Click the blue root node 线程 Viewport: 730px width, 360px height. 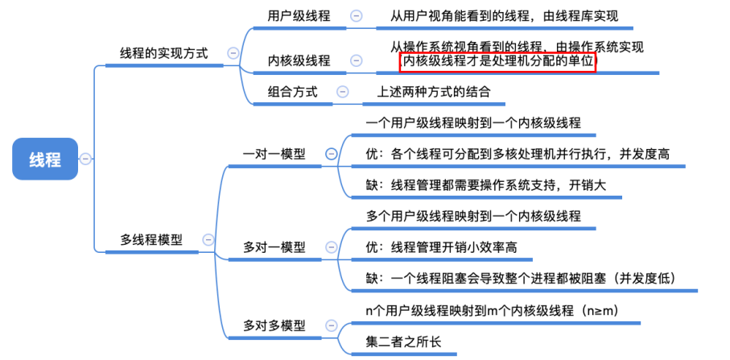[45, 159]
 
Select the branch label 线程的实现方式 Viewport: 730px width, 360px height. [163, 53]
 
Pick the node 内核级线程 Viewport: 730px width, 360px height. [299, 60]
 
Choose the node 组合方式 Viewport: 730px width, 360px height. [292, 92]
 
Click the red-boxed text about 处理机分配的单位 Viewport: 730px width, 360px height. [497, 62]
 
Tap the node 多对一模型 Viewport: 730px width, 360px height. [274, 247]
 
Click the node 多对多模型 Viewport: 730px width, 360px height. [274, 326]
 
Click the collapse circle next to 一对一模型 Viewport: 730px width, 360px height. [330, 154]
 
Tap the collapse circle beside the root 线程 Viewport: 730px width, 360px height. [86, 159]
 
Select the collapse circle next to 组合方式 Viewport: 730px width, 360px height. [343, 92]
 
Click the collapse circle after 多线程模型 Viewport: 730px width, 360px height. [208, 239]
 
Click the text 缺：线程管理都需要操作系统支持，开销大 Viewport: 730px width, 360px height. [485, 185]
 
